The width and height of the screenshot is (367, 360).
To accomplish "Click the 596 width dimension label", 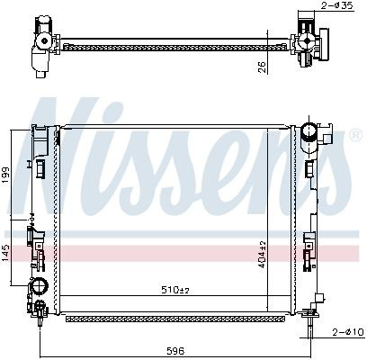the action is coord(176,350).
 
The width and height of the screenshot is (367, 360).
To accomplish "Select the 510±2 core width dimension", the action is coord(175,290).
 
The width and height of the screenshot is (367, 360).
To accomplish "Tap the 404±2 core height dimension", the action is coord(262,255).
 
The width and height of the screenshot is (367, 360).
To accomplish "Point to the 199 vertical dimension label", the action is coord(5,175).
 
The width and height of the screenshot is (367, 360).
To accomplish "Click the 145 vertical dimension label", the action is coord(5,254).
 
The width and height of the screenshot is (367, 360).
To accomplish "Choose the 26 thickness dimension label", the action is coord(262,67).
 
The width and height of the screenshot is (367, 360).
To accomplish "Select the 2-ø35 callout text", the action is coord(337,5).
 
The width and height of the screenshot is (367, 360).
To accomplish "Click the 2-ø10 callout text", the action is coord(348,332).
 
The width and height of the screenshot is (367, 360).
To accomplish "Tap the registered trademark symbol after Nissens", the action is coord(355,135).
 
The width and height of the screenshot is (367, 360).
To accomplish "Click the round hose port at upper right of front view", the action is coord(309,132).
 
